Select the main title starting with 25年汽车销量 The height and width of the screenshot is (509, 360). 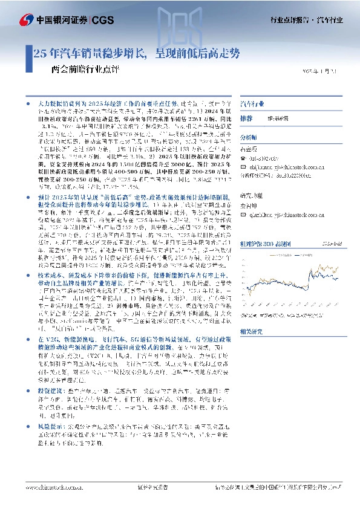click(136, 53)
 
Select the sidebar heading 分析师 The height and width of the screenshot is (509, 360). click(249, 137)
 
